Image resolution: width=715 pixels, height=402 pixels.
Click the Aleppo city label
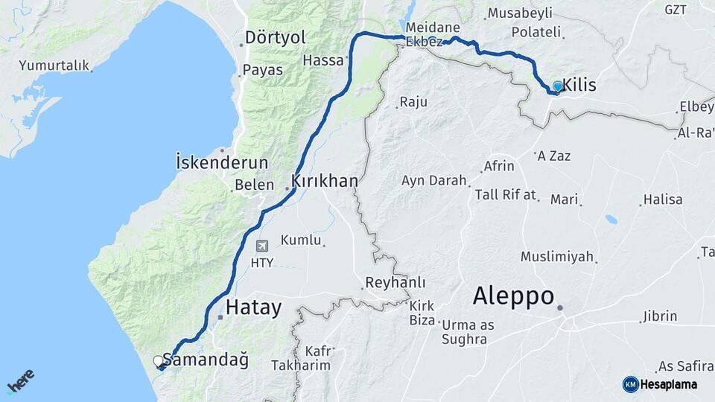(x=513, y=296)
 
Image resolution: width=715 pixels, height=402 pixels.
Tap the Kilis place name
(x=579, y=86)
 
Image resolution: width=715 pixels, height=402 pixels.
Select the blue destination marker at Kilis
(x=557, y=86)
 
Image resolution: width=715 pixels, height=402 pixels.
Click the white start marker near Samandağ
(x=158, y=361)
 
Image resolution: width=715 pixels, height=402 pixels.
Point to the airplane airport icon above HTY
(x=261, y=246)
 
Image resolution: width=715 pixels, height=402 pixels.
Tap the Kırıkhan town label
(x=325, y=181)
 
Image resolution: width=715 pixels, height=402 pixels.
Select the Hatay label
(x=253, y=307)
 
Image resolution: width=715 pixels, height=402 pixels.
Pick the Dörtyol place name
(x=276, y=37)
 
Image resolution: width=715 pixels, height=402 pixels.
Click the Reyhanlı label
(x=395, y=283)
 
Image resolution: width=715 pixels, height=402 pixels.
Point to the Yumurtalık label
(x=54, y=66)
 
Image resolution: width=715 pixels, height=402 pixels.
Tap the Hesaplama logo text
(x=669, y=384)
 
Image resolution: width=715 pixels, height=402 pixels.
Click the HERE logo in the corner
(x=20, y=382)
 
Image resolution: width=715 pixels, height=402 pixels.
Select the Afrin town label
(x=499, y=166)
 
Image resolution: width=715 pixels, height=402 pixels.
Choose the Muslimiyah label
(x=557, y=257)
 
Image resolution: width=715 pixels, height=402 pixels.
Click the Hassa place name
(x=323, y=60)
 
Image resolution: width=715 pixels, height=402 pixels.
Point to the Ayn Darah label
(x=433, y=180)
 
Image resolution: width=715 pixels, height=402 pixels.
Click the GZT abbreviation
(x=676, y=10)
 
